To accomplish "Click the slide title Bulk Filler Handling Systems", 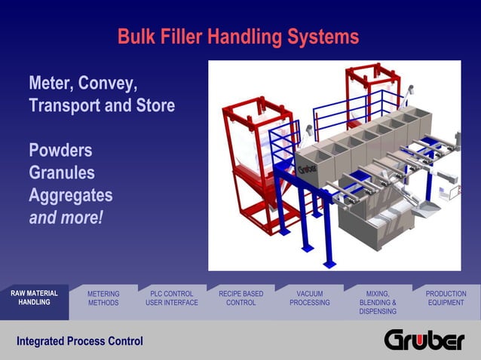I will click(x=238, y=36).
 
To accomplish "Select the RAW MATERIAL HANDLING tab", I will click(x=34, y=297).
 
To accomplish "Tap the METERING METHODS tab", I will click(x=103, y=298).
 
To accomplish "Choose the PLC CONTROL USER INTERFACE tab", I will click(x=172, y=298).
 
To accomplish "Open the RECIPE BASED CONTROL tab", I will click(x=240, y=298).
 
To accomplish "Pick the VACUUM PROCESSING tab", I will click(x=310, y=298).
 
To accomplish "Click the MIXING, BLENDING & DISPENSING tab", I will click(x=378, y=302).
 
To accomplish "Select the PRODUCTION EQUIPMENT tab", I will click(x=446, y=298).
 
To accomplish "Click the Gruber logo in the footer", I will click(x=424, y=340).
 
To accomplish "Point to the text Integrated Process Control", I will click(x=80, y=341).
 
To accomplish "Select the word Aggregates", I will click(x=70, y=195).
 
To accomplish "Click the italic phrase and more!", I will click(x=66, y=218).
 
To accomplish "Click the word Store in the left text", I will click(x=154, y=105).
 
